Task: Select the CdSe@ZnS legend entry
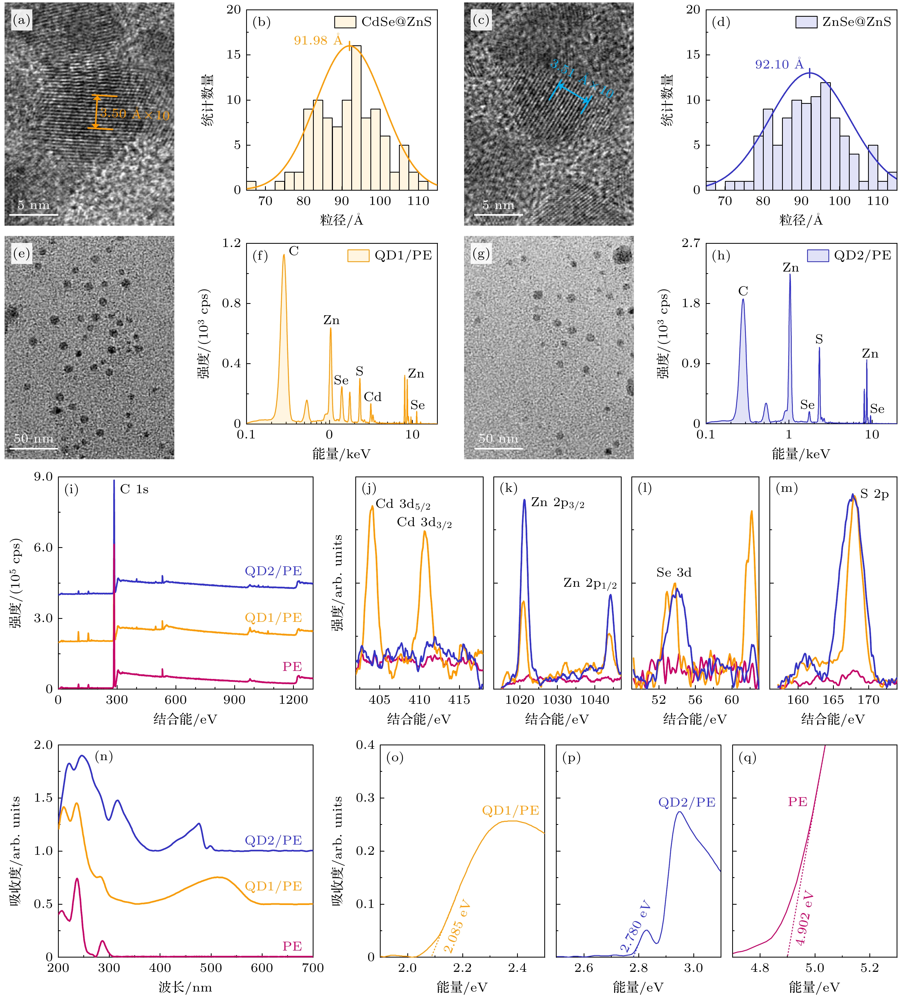[x=383, y=22]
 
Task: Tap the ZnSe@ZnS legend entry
[x=844, y=22]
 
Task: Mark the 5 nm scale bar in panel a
[x=34, y=214]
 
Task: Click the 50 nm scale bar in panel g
[x=498, y=448]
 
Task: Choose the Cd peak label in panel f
[x=373, y=397]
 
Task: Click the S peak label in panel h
[x=819, y=339]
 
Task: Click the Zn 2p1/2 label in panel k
[x=590, y=583]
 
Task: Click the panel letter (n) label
[x=104, y=756]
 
